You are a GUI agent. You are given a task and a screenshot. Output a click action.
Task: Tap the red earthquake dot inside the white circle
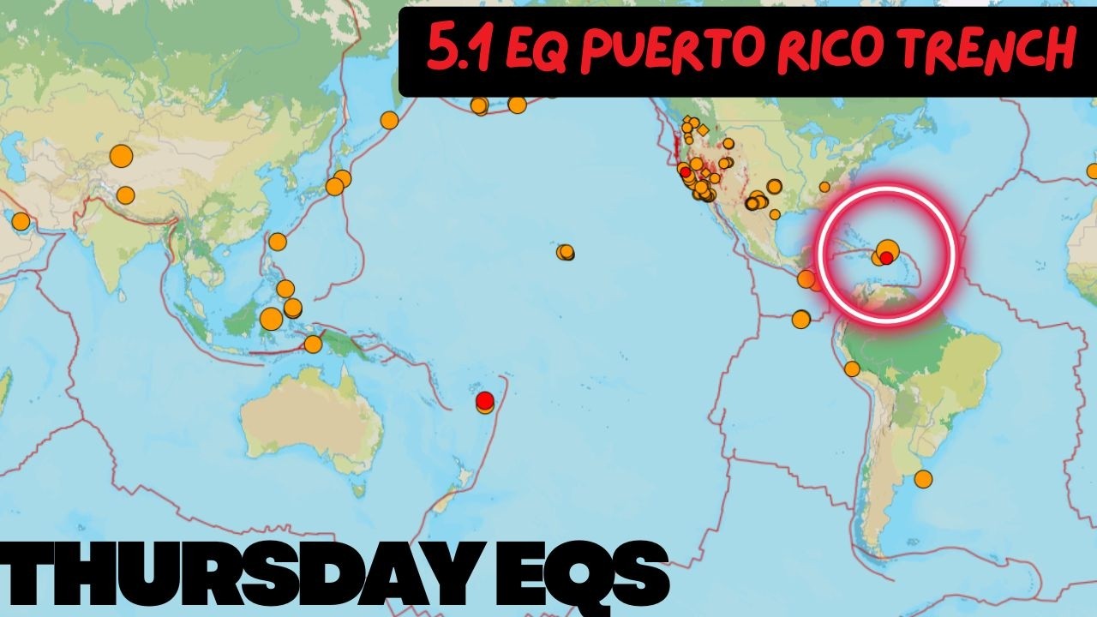(886, 257)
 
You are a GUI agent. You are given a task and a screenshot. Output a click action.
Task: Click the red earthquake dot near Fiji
(485, 400)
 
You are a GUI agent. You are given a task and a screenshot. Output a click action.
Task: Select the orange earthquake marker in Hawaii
(565, 252)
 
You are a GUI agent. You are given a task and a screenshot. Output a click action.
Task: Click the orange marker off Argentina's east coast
(923, 479)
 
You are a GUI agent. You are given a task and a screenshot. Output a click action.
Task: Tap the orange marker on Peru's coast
(852, 368)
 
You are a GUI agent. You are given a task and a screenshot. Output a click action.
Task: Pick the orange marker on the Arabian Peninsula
(21, 222)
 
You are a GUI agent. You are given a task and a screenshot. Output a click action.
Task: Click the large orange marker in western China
(122, 156)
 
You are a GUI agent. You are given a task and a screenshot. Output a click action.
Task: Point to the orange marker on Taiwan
(278, 242)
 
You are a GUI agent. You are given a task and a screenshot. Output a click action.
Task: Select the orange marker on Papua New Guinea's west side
(313, 344)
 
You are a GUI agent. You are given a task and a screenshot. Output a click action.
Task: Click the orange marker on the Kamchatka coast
(389, 120)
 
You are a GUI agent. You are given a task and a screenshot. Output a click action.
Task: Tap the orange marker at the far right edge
(1093, 171)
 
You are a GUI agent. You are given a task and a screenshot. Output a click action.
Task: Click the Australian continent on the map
(309, 420)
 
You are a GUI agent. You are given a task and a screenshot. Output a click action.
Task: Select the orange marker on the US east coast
(824, 187)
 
